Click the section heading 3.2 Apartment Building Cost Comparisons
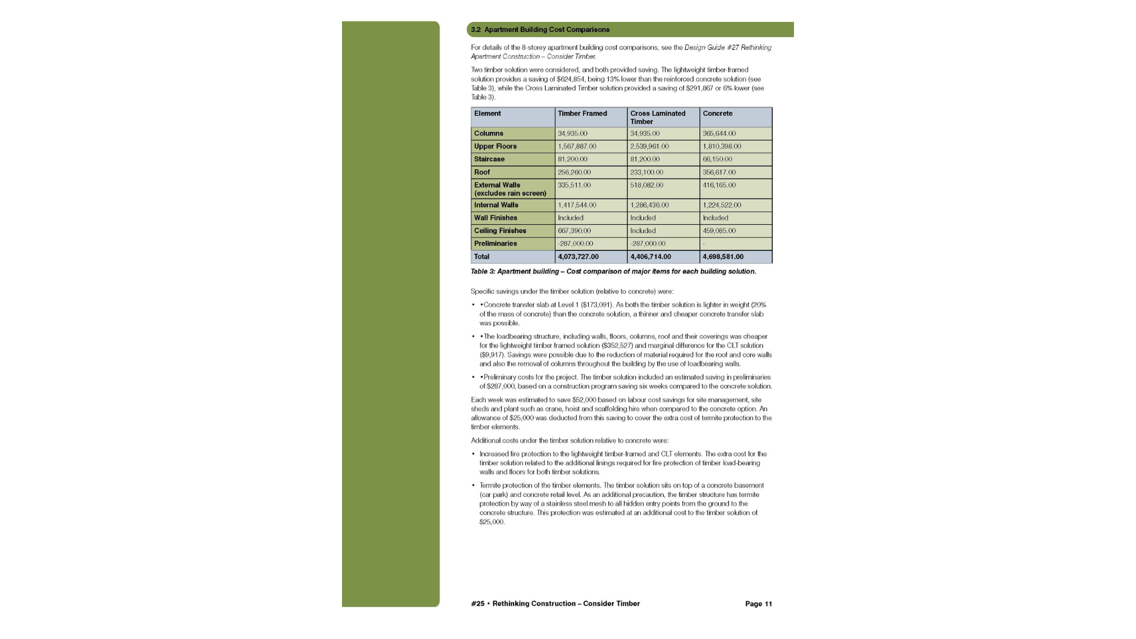(540, 30)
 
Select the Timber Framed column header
(582, 114)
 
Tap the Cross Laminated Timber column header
(657, 117)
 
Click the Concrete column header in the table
(717, 114)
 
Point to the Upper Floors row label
(495, 146)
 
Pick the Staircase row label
(489, 159)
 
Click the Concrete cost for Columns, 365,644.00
(719, 134)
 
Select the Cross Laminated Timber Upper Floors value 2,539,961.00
(649, 146)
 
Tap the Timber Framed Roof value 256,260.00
(574, 172)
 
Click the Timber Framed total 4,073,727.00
(578, 257)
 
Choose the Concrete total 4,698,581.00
(723, 257)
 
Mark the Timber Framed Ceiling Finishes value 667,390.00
(574, 231)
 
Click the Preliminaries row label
(495, 244)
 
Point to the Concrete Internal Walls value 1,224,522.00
(721, 205)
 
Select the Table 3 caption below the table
(613, 272)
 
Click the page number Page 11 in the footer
(758, 604)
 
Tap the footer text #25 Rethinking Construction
(555, 604)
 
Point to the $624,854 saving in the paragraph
(570, 79)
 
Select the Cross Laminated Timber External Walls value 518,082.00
(646, 185)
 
